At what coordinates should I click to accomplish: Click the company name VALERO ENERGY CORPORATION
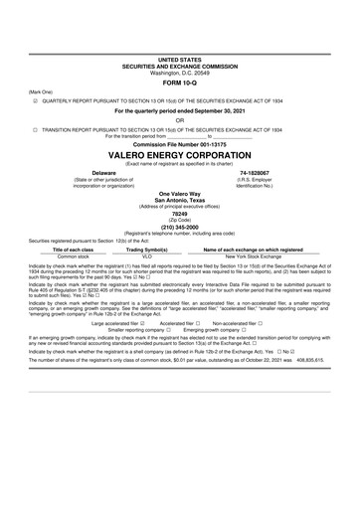pos(180,156)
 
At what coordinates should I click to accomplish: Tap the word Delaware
pos(77,172)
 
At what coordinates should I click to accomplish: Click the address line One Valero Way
pos(180,192)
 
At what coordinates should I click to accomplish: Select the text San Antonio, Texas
pos(180,199)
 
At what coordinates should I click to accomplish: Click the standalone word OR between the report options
pos(180,120)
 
